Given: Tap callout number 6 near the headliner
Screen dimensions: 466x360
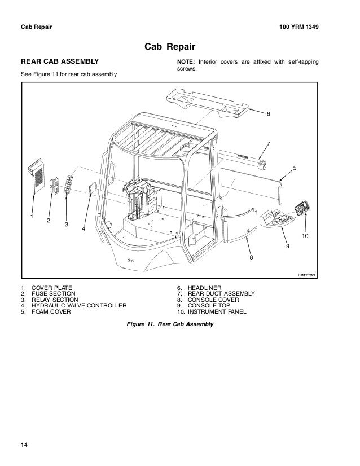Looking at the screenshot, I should click(269, 115).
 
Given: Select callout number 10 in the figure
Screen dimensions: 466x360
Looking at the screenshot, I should click(305, 235).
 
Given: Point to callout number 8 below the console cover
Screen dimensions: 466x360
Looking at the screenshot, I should click(252, 257).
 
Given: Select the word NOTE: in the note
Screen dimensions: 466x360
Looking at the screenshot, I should click(186, 60).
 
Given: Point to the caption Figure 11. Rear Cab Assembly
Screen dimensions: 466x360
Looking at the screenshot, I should click(172, 325).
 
